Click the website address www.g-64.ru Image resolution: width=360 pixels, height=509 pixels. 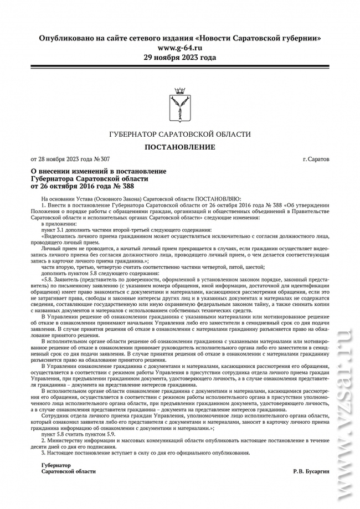pos(179,48)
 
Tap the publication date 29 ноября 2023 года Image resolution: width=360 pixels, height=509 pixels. pos(179,57)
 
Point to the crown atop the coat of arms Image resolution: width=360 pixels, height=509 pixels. pos(179,90)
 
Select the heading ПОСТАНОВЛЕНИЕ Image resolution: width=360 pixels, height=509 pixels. pos(179,147)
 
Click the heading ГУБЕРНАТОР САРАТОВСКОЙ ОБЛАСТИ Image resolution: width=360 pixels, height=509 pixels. pos(179,135)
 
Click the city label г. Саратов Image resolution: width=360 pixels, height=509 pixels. pos(315,159)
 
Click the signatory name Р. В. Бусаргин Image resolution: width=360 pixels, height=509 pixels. pos(311,471)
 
